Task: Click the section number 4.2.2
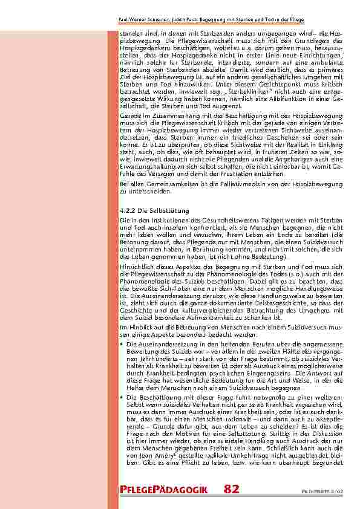pyautogui.click(x=128, y=210)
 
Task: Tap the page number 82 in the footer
pyautogui.click(x=231, y=488)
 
